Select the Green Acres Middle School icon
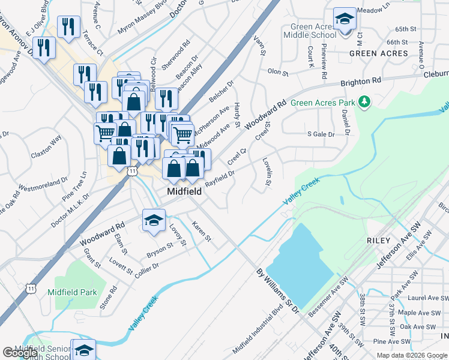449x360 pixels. click(x=345, y=20)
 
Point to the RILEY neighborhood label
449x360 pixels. click(x=378, y=241)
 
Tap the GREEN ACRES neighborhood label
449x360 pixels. click(x=379, y=53)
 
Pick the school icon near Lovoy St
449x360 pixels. click(x=154, y=220)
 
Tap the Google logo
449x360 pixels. click(x=20, y=353)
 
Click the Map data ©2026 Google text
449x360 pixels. click(x=412, y=355)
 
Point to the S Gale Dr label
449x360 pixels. click(x=321, y=134)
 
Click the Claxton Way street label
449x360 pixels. click(x=47, y=146)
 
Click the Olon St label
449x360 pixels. click(x=278, y=71)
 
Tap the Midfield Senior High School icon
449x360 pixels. click(x=83, y=350)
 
